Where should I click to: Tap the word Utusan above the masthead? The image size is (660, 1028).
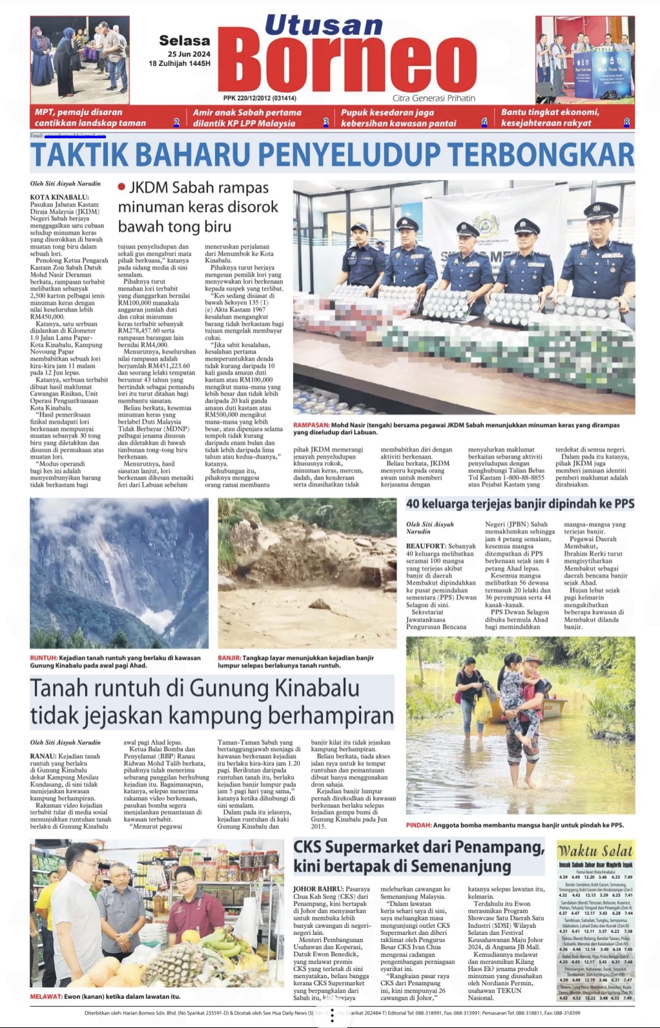[x=324, y=25]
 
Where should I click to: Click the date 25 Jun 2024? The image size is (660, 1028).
[x=189, y=54]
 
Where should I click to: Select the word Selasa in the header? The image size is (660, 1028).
[x=184, y=40]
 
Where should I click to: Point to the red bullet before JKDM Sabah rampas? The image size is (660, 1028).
[x=121, y=187]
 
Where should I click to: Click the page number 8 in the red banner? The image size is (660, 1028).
[x=626, y=122]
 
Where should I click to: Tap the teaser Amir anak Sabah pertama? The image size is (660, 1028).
[x=247, y=112]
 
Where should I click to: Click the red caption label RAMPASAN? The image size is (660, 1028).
[x=311, y=425]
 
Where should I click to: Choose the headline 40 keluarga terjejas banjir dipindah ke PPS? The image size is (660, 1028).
[x=520, y=503]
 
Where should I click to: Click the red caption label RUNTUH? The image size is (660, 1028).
[x=43, y=658]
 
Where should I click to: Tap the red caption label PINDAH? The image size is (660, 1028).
[x=418, y=825]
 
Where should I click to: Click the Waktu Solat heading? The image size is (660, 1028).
[x=595, y=850]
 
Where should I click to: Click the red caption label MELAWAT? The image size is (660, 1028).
[x=45, y=996]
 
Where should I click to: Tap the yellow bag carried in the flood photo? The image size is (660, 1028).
[x=483, y=709]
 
